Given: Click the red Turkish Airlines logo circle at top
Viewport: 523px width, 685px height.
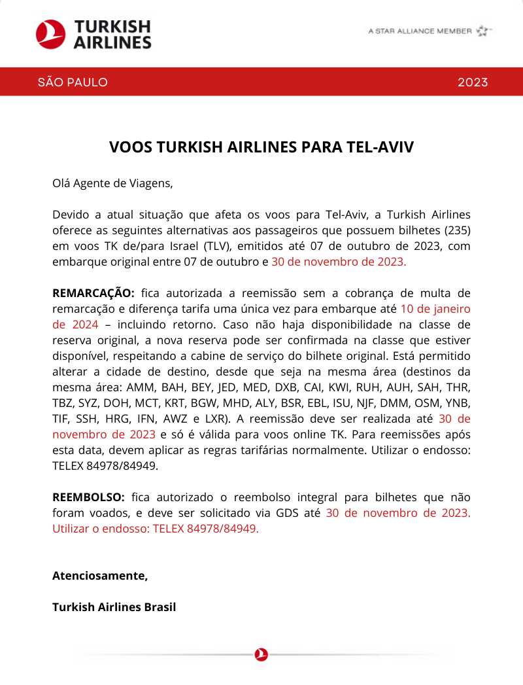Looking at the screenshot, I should pyautogui.click(x=50, y=34).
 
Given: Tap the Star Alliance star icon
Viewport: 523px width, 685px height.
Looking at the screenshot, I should pyautogui.click(x=482, y=31).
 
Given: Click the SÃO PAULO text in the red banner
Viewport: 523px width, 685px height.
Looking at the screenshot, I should pyautogui.click(x=73, y=82).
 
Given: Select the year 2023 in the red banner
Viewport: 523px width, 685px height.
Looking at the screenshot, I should pyautogui.click(x=473, y=82).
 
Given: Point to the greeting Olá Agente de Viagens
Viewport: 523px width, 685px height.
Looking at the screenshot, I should pyautogui.click(x=112, y=183).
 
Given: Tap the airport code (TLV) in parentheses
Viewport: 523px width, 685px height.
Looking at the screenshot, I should pyautogui.click(x=220, y=247).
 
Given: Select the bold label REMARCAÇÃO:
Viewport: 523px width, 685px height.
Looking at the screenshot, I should pyautogui.click(x=93, y=292).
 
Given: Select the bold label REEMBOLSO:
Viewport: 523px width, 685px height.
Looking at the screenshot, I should pyautogui.click(x=88, y=497).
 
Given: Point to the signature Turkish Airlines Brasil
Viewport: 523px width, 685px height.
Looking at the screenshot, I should pyautogui.click(x=114, y=607).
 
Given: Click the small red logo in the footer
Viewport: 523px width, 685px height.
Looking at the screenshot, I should pyautogui.click(x=261, y=654).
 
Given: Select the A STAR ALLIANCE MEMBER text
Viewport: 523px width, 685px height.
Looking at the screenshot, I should pyautogui.click(x=420, y=31).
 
